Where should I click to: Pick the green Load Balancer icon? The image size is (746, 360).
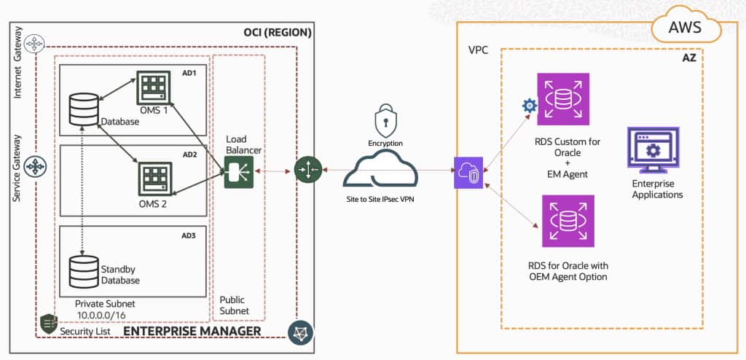coord(235,173)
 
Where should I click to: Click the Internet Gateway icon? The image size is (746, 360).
coord(34,44)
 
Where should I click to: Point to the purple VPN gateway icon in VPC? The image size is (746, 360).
coord(468,173)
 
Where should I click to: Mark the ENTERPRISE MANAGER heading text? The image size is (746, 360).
coord(192,332)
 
